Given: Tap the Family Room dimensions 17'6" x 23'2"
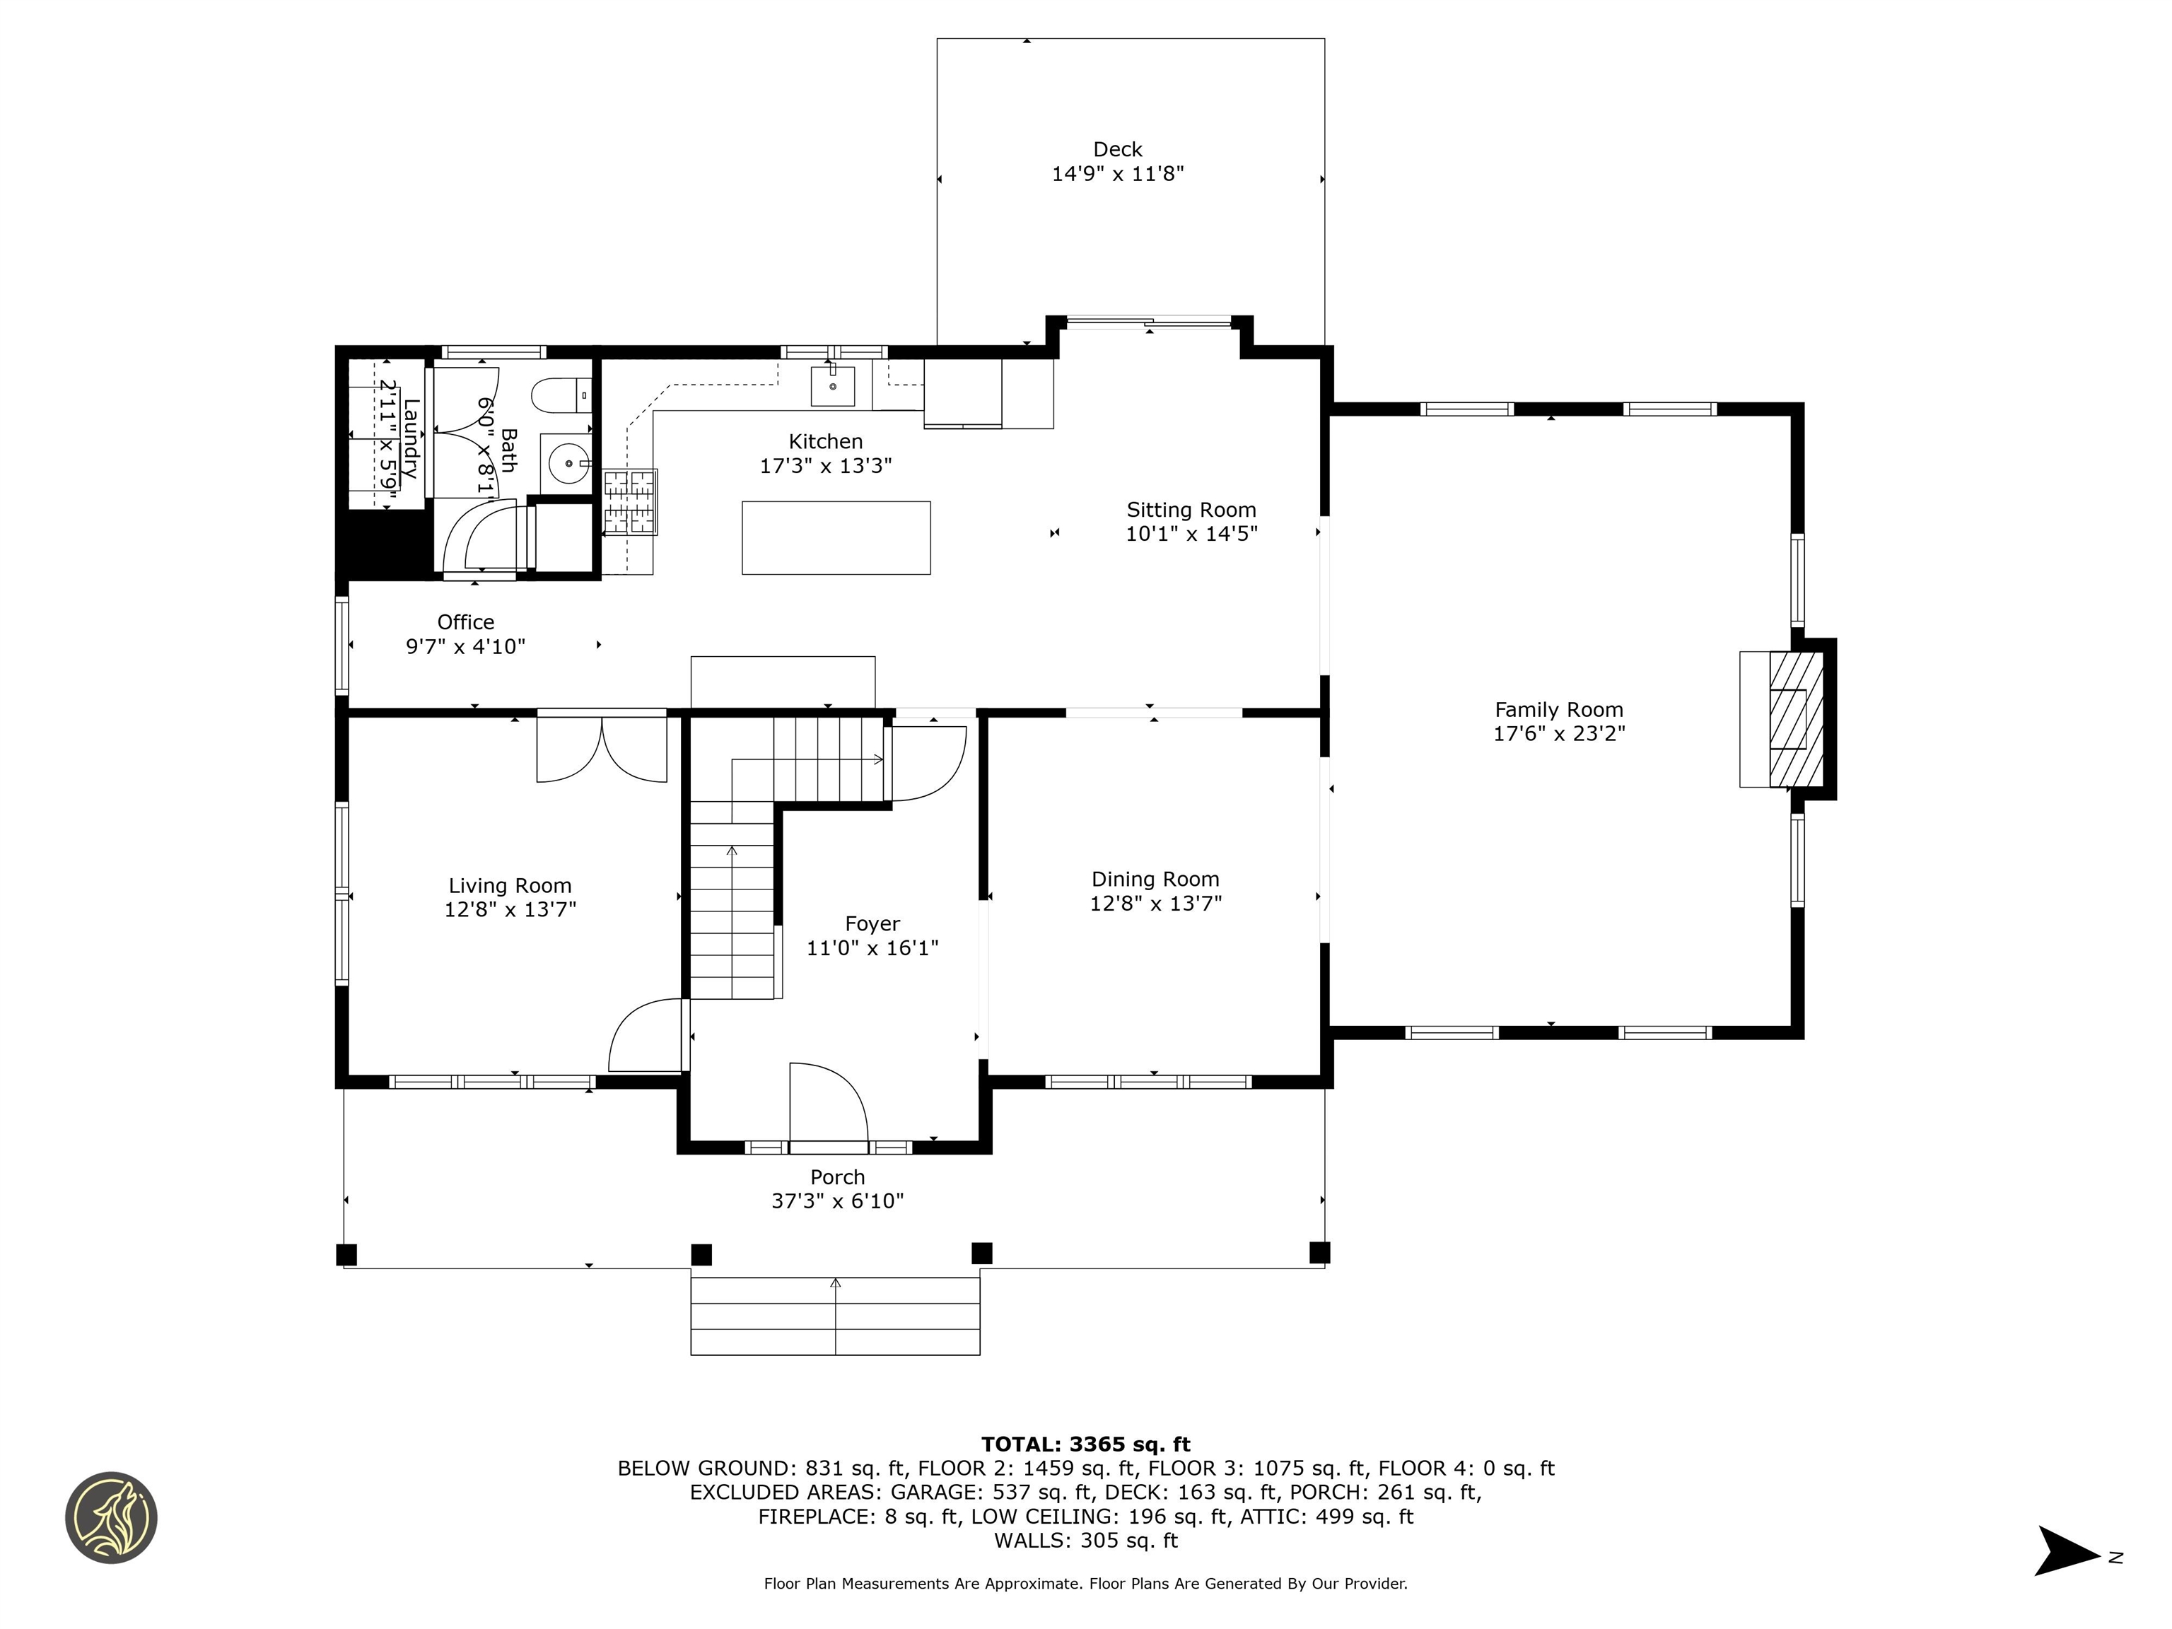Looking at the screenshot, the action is click(x=1559, y=733).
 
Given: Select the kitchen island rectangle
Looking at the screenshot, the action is click(x=836, y=537).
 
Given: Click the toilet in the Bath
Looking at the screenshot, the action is click(x=561, y=396).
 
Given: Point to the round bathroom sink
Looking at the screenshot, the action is click(x=568, y=462).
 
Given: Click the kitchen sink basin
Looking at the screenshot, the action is click(x=833, y=386).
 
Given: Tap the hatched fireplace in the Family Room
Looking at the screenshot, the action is click(x=1796, y=720).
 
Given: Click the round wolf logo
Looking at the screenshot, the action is click(x=111, y=1517).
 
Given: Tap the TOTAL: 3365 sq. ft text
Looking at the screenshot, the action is click(x=1085, y=1444).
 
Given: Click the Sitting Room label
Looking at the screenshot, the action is click(x=1191, y=510).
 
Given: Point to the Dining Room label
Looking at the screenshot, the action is click(x=1156, y=879).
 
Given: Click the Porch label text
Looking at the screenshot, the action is click(x=838, y=1176).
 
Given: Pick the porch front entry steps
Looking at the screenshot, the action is click(x=836, y=1316).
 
